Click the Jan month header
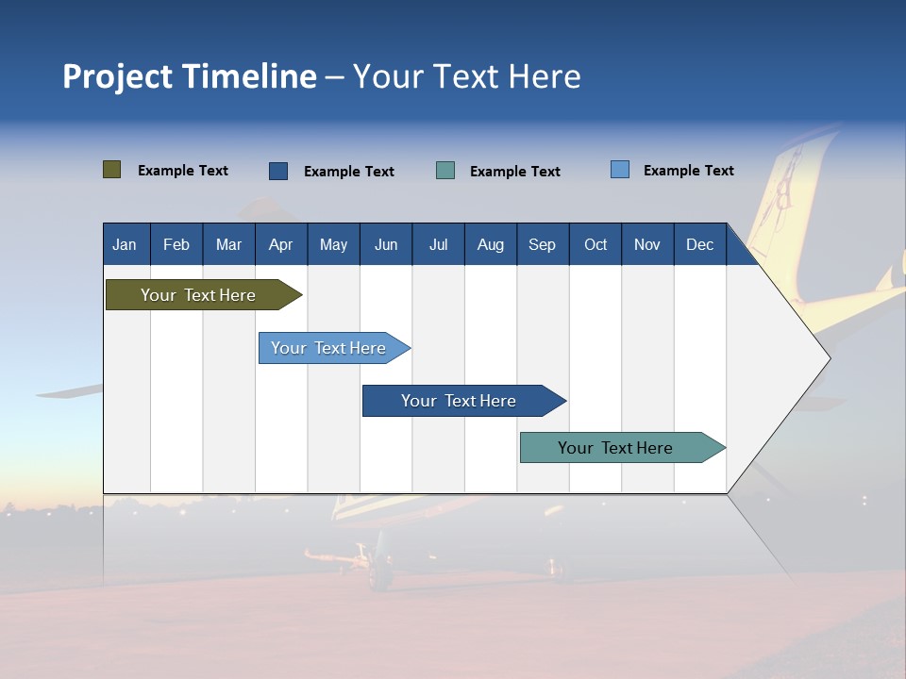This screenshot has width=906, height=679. point(125,244)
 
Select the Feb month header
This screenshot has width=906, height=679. point(176,244)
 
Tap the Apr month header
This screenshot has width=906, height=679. point(280,244)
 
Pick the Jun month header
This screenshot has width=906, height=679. point(385,244)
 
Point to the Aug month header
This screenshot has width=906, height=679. point(490,244)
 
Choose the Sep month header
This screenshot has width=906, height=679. point(542,244)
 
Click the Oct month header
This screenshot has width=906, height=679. point(596,244)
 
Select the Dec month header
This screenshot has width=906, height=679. point(699,244)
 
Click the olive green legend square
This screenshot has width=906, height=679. point(112,170)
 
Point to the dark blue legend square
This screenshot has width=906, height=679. point(278,171)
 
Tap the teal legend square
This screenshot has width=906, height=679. point(445,171)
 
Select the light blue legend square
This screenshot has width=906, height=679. point(620,170)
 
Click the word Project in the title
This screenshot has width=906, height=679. point(118,76)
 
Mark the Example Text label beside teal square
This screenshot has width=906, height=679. point(514,172)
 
